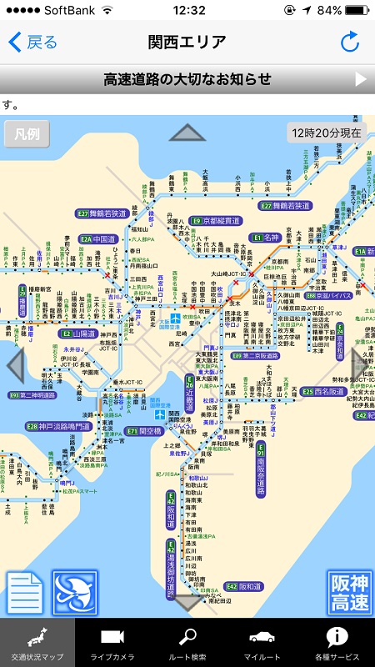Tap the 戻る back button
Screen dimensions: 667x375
[x=32, y=42]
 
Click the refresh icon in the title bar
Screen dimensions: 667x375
[x=349, y=42]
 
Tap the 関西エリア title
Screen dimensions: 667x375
[x=187, y=42]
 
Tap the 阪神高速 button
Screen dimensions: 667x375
[x=348, y=592]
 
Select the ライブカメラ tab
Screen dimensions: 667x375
[x=112, y=643]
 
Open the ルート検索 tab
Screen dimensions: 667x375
[x=187, y=643]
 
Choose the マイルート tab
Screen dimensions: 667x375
[x=262, y=643]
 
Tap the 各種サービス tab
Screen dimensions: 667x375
[x=337, y=643]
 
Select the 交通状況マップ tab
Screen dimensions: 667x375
[x=37, y=643]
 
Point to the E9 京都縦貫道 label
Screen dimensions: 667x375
[x=215, y=221]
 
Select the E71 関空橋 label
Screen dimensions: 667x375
[x=144, y=431]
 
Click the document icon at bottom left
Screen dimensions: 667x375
[x=25, y=592]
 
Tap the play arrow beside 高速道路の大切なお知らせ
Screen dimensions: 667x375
[x=361, y=79]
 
